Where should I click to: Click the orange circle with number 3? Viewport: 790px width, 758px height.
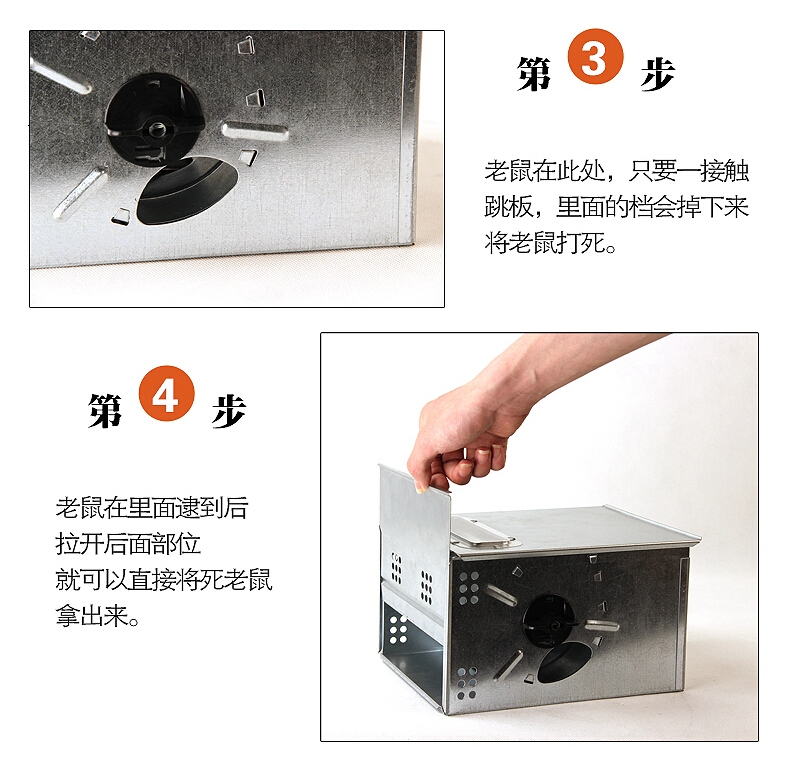click(595, 56)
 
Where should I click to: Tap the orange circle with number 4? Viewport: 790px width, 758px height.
click(166, 394)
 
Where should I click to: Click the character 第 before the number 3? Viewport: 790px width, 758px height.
click(535, 74)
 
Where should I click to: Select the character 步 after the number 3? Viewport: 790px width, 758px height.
click(658, 74)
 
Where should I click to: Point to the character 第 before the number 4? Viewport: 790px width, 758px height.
click(105, 410)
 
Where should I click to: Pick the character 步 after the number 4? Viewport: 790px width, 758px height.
click(229, 411)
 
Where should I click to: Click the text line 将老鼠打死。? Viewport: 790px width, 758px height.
click(550, 242)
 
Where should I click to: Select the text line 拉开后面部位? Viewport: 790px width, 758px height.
click(128, 544)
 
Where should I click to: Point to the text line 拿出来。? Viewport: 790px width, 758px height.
click(97, 615)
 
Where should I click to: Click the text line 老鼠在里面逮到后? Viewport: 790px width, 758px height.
click(152, 508)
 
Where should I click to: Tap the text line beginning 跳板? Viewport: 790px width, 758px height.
click(617, 207)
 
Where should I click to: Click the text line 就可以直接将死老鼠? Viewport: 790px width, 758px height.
click(164, 580)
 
